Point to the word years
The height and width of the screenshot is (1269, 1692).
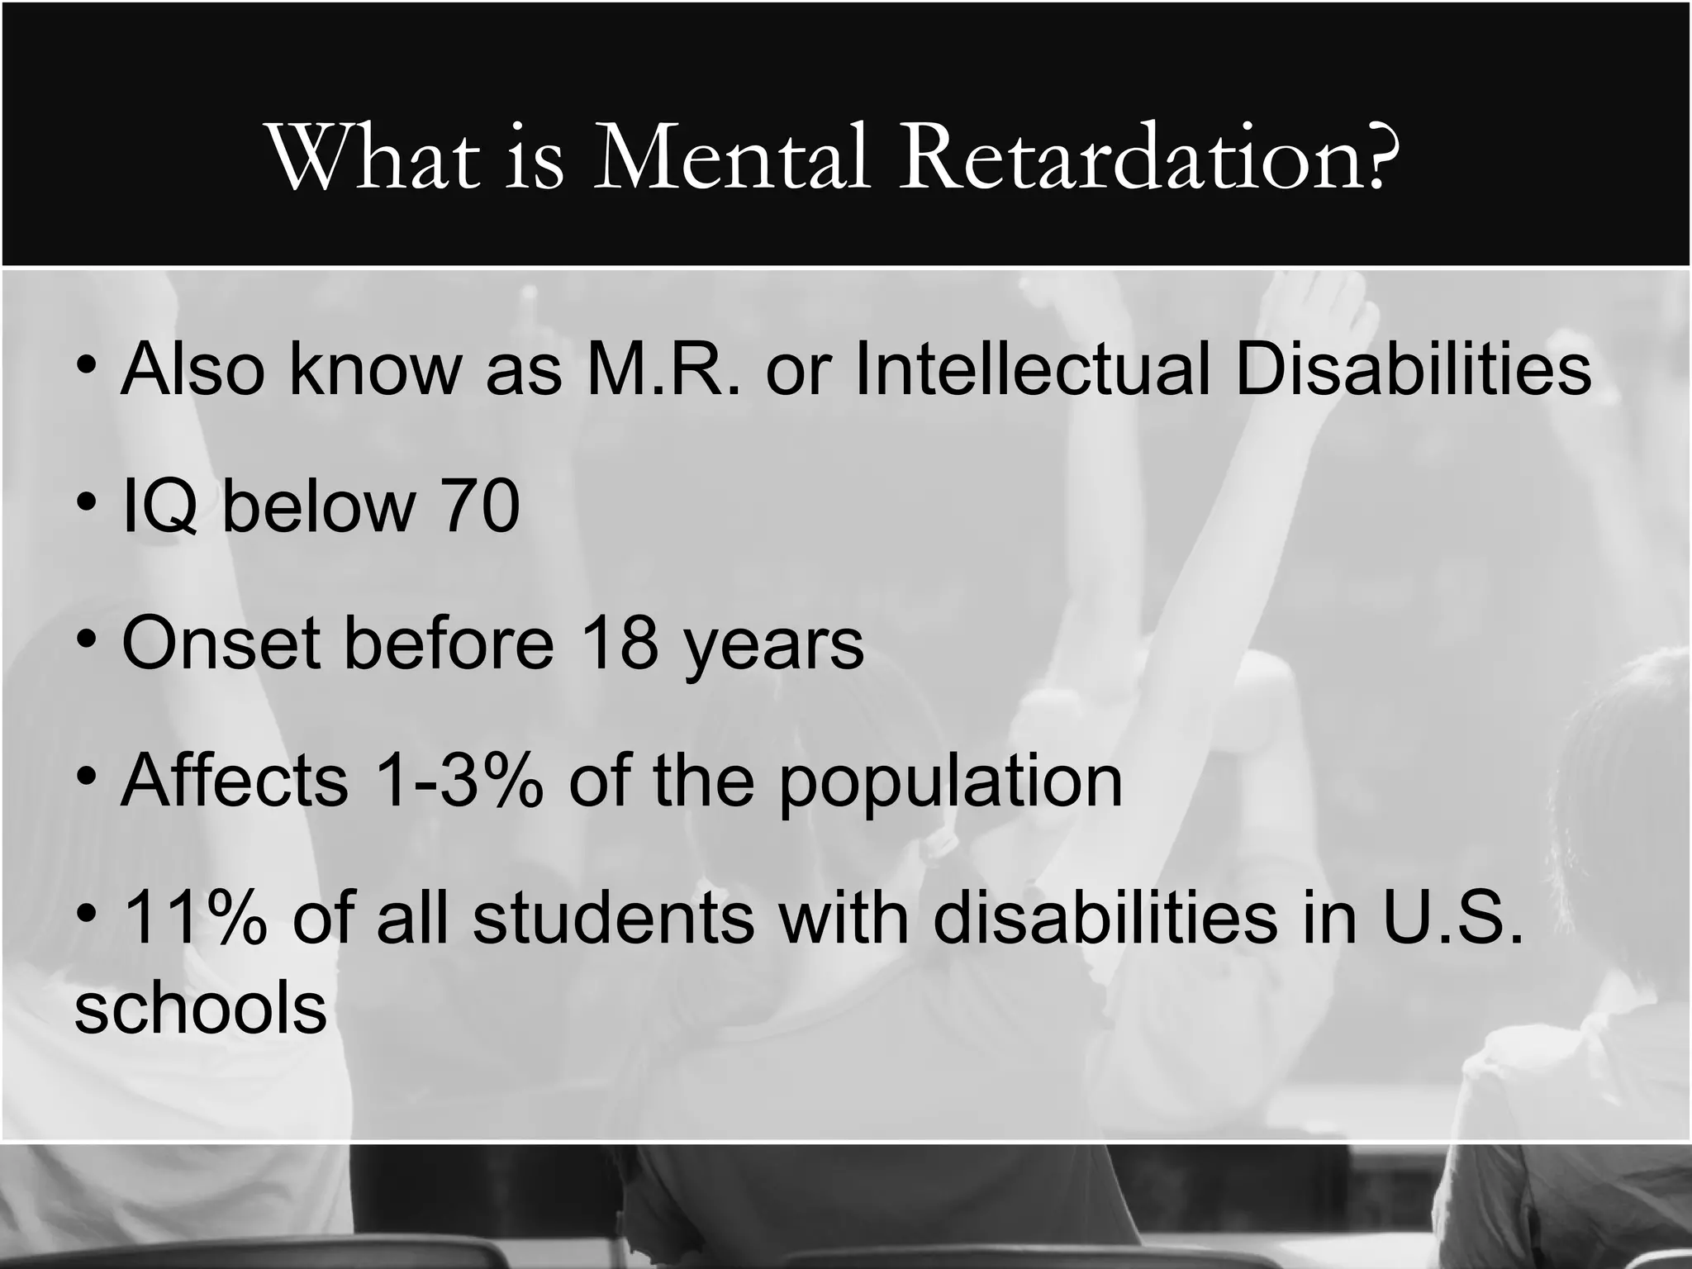tap(772, 644)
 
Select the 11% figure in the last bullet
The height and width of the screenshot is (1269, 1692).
tap(195, 919)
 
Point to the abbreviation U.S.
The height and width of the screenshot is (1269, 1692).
tap(1452, 919)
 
